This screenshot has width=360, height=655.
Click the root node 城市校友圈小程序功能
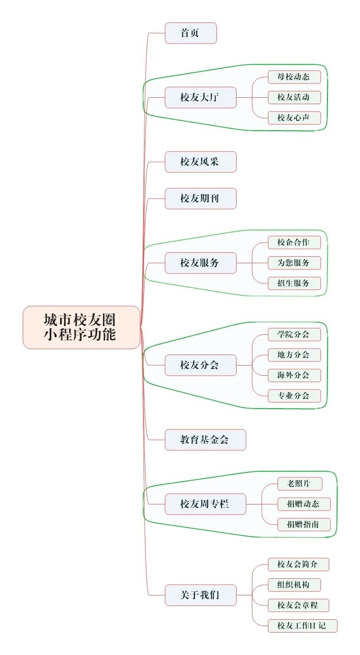pyautogui.click(x=81, y=327)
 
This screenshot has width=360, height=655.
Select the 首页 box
pyautogui.click(x=190, y=33)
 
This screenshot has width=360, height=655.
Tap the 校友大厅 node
pyautogui.click(x=200, y=97)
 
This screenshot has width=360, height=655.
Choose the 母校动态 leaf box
pyautogui.click(x=294, y=77)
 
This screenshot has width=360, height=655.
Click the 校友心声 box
pyautogui.click(x=294, y=118)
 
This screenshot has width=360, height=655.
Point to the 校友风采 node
pyautogui.click(x=200, y=162)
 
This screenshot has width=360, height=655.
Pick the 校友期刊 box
pyautogui.click(x=200, y=199)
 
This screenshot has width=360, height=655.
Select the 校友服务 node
pyautogui.click(x=200, y=263)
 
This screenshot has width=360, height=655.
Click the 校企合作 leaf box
pyautogui.click(x=294, y=242)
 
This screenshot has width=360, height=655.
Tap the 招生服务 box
pyautogui.click(x=294, y=283)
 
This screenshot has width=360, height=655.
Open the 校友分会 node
pyautogui.click(x=200, y=365)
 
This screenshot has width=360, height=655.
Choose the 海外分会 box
pyautogui.click(x=294, y=375)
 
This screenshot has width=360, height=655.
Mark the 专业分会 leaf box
pyautogui.click(x=294, y=395)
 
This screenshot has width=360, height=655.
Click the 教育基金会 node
pyautogui.click(x=205, y=440)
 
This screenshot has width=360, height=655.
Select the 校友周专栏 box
pyautogui.click(x=205, y=504)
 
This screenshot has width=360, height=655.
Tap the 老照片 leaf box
pyautogui.click(x=300, y=483)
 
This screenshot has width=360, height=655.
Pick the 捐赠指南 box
pyautogui.click(x=304, y=524)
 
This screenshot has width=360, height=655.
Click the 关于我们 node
pyautogui.click(x=200, y=595)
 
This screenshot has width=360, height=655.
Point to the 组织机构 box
pyautogui.click(x=294, y=585)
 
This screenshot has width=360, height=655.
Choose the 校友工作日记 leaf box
pyautogui.click(x=302, y=626)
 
